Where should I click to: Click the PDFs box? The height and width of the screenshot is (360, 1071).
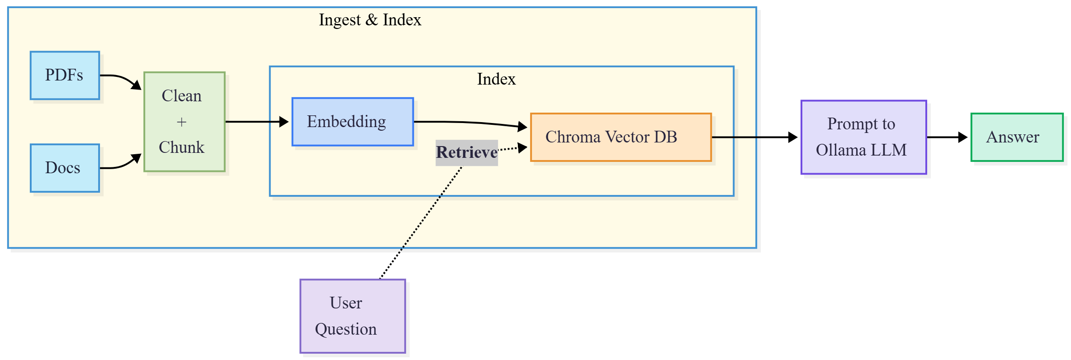click(65, 76)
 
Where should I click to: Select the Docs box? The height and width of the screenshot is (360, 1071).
click(65, 168)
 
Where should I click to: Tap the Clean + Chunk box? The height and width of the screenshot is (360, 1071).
click(185, 122)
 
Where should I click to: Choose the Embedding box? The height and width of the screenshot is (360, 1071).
click(353, 122)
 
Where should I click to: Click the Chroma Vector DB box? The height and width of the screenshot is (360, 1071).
click(621, 137)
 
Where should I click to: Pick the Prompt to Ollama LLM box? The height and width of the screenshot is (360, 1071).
click(864, 137)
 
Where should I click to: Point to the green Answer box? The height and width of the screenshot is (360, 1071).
click(1017, 137)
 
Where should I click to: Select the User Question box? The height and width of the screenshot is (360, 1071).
click(353, 316)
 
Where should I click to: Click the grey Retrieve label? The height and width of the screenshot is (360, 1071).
click(467, 152)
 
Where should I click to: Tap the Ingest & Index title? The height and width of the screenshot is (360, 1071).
click(370, 20)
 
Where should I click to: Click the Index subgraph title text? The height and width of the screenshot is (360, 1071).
click(496, 79)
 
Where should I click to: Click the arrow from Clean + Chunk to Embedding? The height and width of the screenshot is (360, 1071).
click(257, 122)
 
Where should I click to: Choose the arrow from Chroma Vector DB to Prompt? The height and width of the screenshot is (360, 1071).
click(755, 137)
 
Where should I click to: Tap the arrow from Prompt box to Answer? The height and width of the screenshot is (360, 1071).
click(947, 137)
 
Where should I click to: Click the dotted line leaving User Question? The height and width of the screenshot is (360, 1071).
click(421, 223)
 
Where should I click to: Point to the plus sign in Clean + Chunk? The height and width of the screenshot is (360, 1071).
click(181, 122)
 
